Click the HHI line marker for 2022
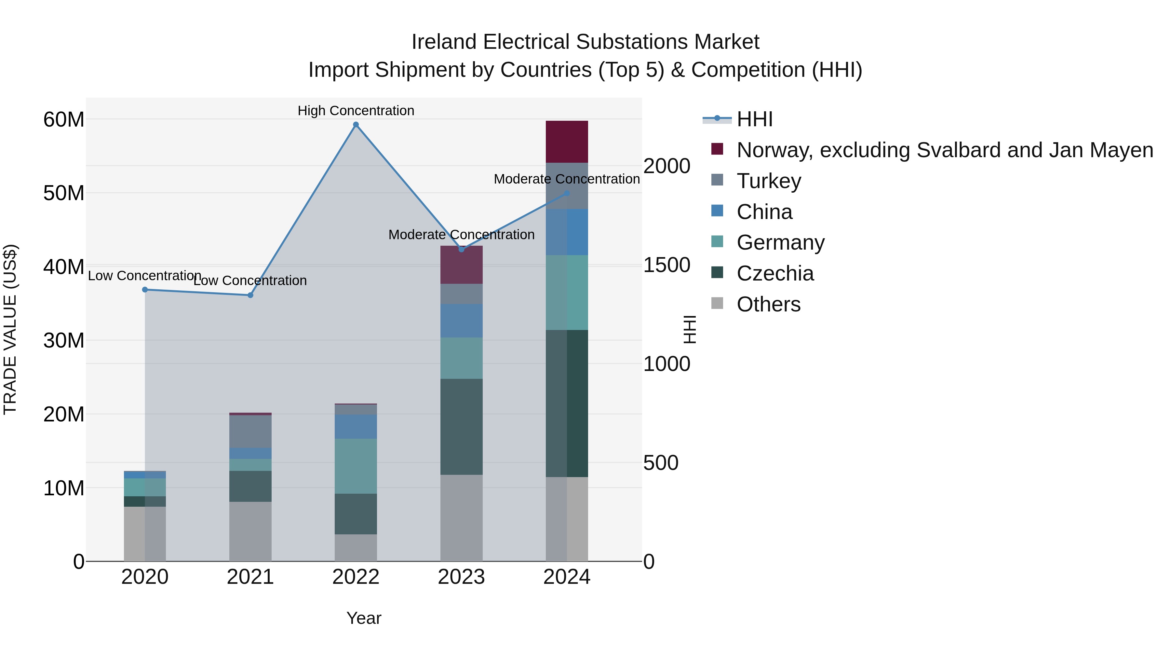click(x=356, y=125)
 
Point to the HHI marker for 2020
click(x=145, y=290)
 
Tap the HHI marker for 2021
click(x=250, y=295)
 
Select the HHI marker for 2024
click(x=567, y=193)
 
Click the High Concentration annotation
click(x=356, y=111)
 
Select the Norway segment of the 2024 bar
click(x=567, y=142)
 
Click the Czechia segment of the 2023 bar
click(x=461, y=427)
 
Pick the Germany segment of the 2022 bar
click(x=356, y=466)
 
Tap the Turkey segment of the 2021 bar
click(x=250, y=431)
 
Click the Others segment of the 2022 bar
click(x=356, y=548)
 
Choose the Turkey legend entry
click(x=769, y=181)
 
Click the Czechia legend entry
click(x=775, y=273)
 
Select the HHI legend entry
click(x=755, y=119)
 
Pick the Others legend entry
click(x=768, y=304)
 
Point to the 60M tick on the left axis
click(x=64, y=120)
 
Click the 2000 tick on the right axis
click(x=667, y=166)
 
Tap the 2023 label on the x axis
click(x=461, y=577)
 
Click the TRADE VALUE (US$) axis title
click(x=10, y=330)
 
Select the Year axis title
click(x=364, y=618)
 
